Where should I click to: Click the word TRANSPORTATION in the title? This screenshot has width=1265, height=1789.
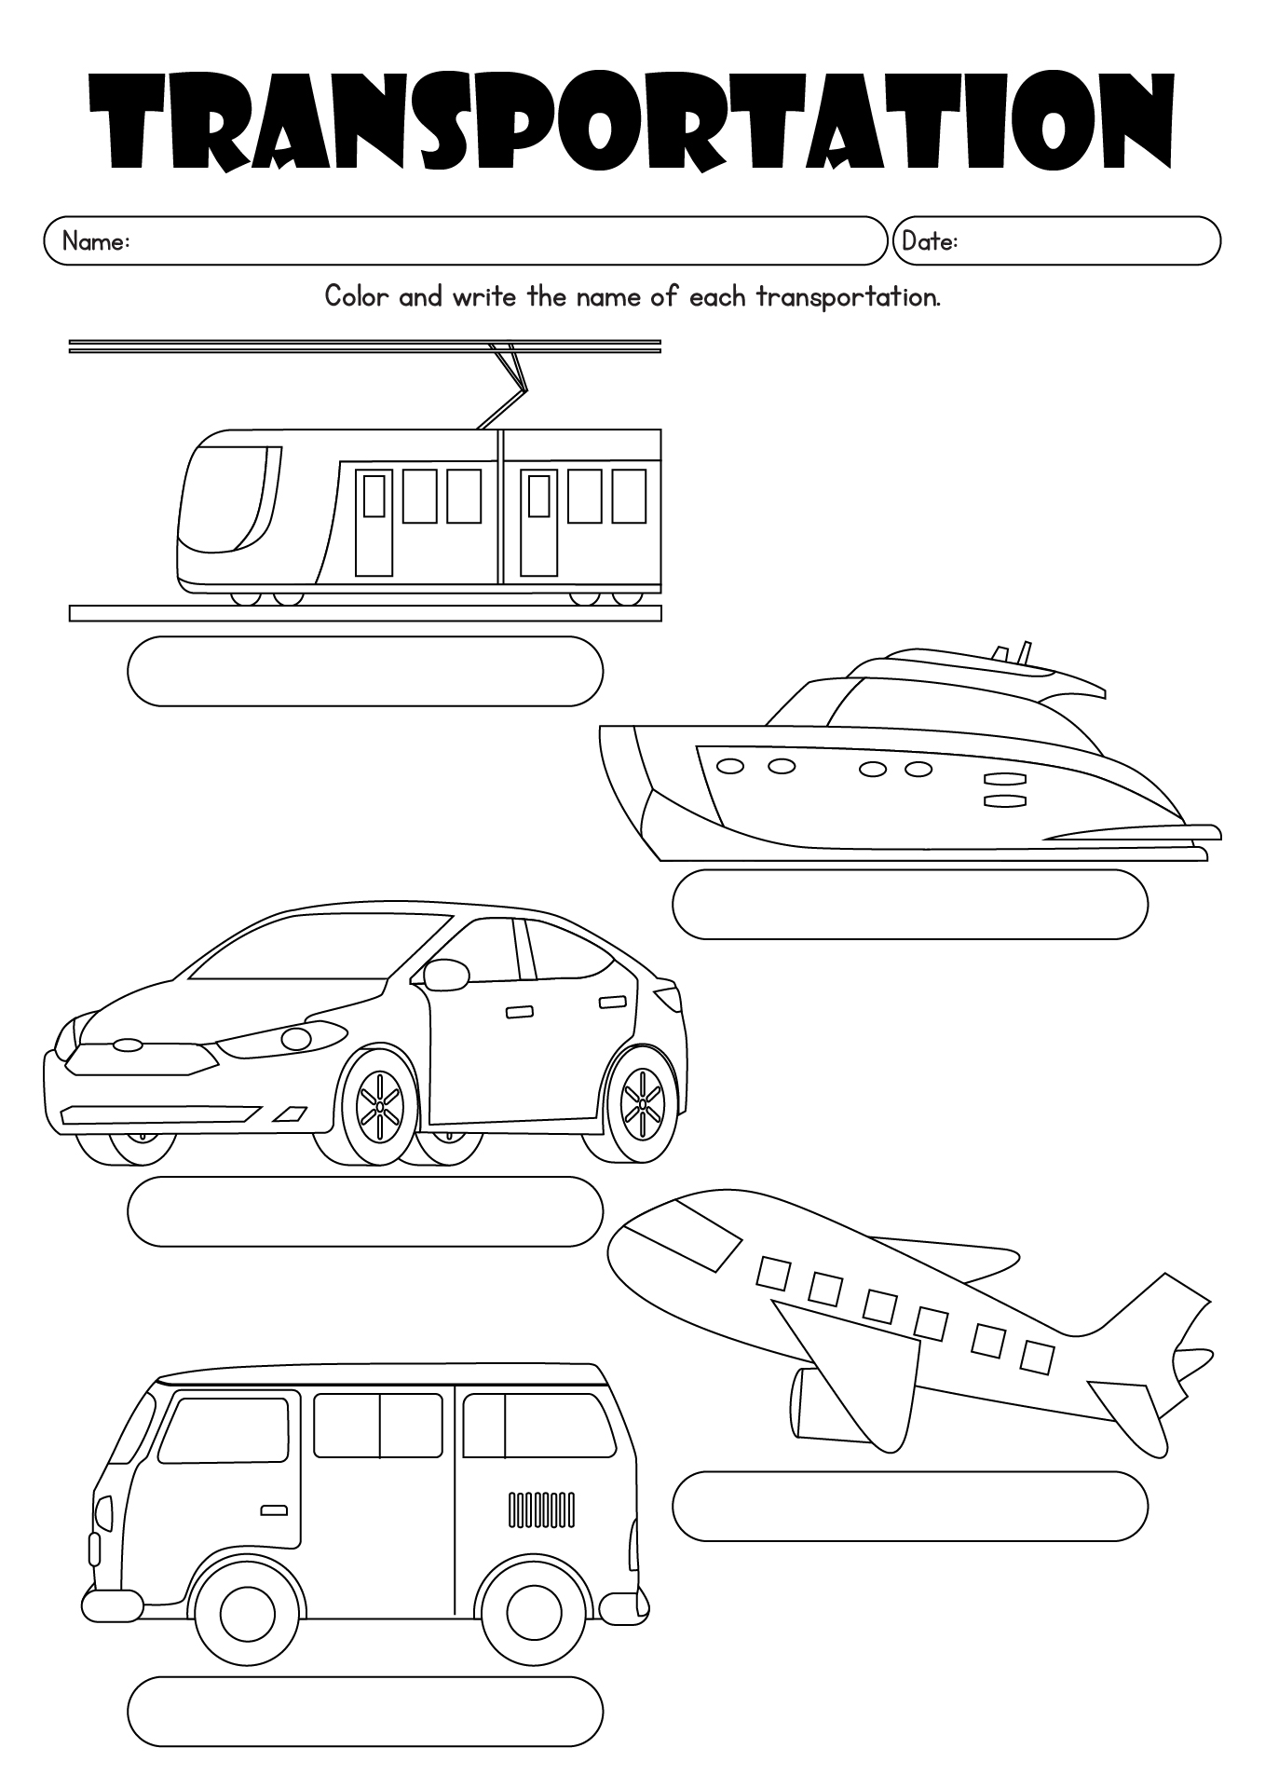point(632,120)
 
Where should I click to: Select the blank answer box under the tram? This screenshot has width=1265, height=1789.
point(365,672)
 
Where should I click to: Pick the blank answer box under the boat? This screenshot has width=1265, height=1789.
point(910,904)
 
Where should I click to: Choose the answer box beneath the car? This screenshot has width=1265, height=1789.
point(365,1211)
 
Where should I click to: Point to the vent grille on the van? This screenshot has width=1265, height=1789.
point(541,1510)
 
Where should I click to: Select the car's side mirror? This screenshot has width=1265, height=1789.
point(445,975)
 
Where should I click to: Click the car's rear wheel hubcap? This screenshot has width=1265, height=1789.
point(642,1104)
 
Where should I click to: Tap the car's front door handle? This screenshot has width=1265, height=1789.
point(519,1012)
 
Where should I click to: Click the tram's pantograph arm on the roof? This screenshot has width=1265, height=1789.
point(506,391)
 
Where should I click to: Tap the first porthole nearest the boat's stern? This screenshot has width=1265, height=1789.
point(729,766)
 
